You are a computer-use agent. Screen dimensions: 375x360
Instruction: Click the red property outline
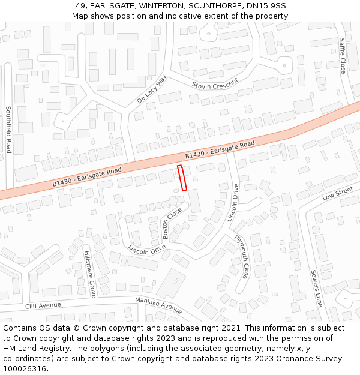click(x=182, y=178)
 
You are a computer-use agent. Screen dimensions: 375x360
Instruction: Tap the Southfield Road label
click(x=8, y=130)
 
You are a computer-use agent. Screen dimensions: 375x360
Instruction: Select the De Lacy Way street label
click(x=152, y=89)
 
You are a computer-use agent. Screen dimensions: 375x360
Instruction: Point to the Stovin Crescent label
click(x=215, y=83)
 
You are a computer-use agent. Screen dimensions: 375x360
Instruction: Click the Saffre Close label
click(x=343, y=56)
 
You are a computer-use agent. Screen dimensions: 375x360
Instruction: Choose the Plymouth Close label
click(x=241, y=256)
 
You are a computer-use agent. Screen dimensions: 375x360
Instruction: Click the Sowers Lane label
click(x=316, y=288)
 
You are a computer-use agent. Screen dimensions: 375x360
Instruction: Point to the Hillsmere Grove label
click(x=90, y=274)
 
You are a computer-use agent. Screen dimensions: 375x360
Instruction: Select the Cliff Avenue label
click(x=43, y=306)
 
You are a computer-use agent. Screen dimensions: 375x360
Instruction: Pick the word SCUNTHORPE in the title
click(x=210, y=6)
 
